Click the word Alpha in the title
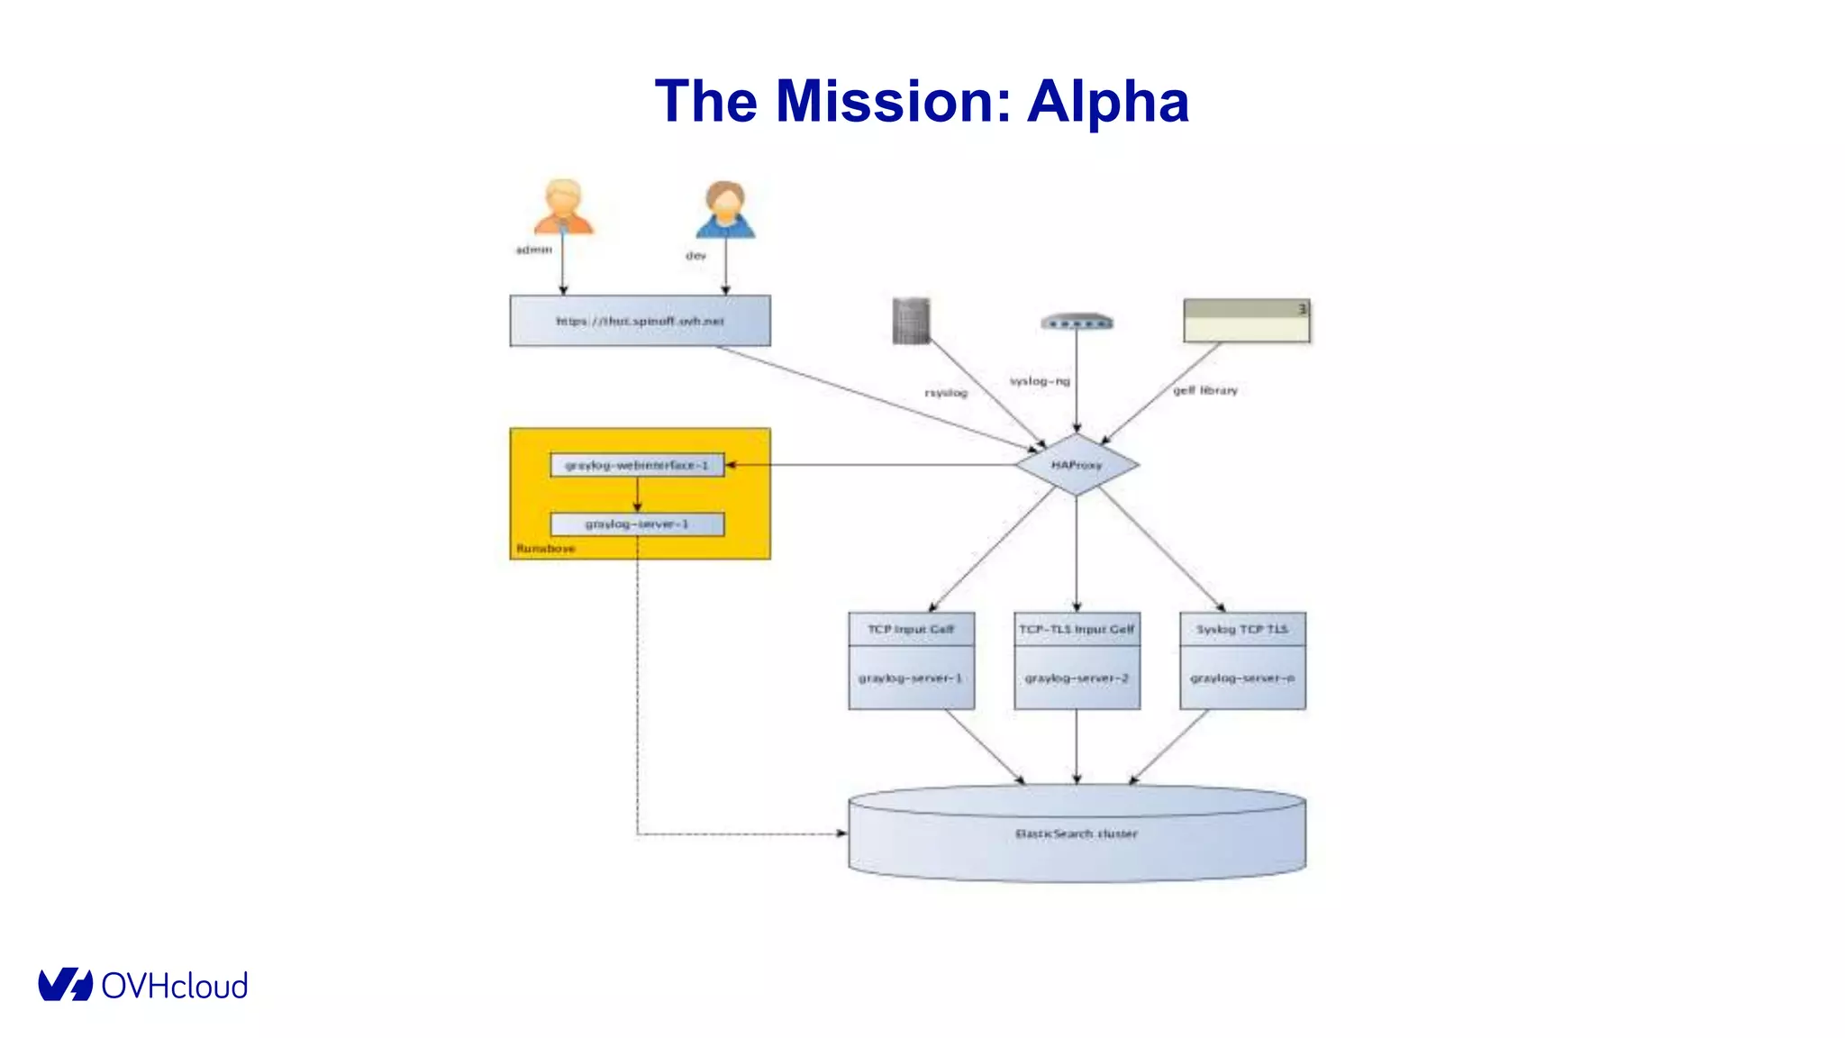point(1107,101)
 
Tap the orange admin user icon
point(563,207)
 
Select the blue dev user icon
point(725,210)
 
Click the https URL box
point(640,321)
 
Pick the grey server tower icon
point(911,321)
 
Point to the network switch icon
point(1077,322)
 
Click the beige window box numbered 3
point(1246,321)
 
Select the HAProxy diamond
point(1077,465)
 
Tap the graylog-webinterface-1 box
point(637,465)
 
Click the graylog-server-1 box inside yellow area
point(637,524)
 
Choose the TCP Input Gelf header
point(911,629)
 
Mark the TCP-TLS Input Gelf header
point(1077,629)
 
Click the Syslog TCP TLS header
point(1242,629)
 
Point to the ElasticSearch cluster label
point(1077,833)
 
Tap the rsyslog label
point(946,393)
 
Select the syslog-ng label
point(1040,381)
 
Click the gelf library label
point(1205,390)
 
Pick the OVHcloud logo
point(142,985)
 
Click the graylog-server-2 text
point(1077,678)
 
